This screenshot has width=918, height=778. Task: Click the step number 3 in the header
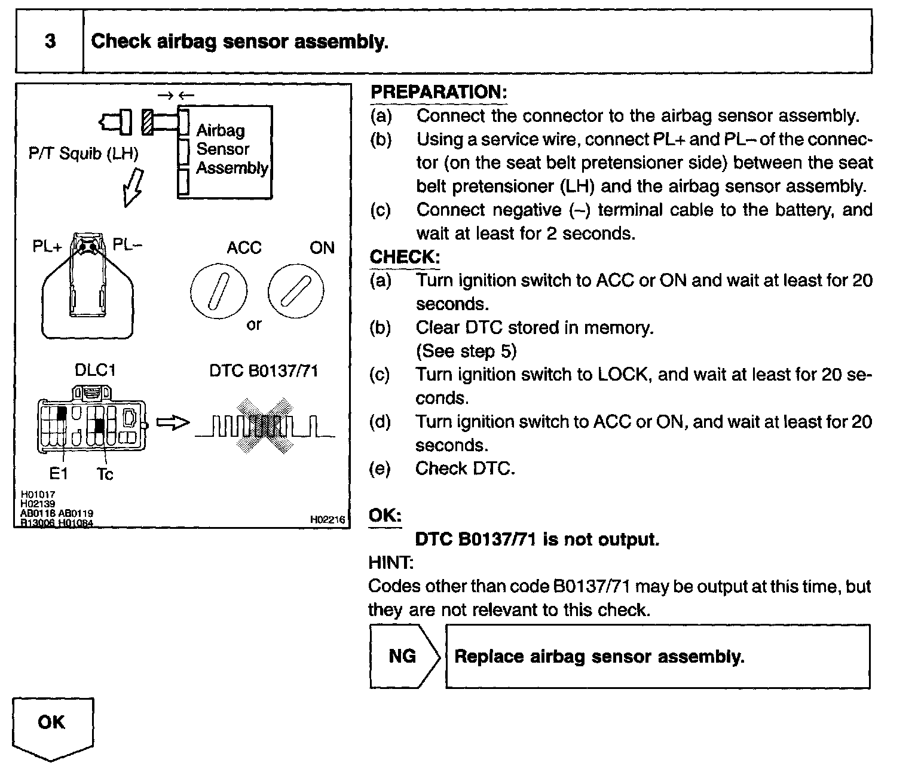click(x=50, y=41)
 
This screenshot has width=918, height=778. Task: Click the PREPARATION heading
click(x=438, y=92)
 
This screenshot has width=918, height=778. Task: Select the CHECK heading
click(x=405, y=257)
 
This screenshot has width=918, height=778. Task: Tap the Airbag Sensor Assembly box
click(x=225, y=152)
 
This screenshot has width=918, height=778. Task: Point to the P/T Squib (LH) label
click(x=83, y=154)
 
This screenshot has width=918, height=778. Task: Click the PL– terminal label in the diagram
click(x=127, y=245)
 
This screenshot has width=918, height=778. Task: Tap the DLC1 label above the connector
click(x=94, y=370)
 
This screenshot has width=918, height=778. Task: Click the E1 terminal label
click(x=59, y=474)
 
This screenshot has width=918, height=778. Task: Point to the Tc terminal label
click(x=105, y=474)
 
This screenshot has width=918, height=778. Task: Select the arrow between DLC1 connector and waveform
click(x=172, y=423)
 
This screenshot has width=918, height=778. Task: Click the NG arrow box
click(x=404, y=656)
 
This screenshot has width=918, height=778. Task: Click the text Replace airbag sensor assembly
click(x=599, y=657)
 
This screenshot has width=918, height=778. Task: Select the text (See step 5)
click(x=466, y=351)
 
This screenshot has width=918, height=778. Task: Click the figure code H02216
click(x=327, y=520)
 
